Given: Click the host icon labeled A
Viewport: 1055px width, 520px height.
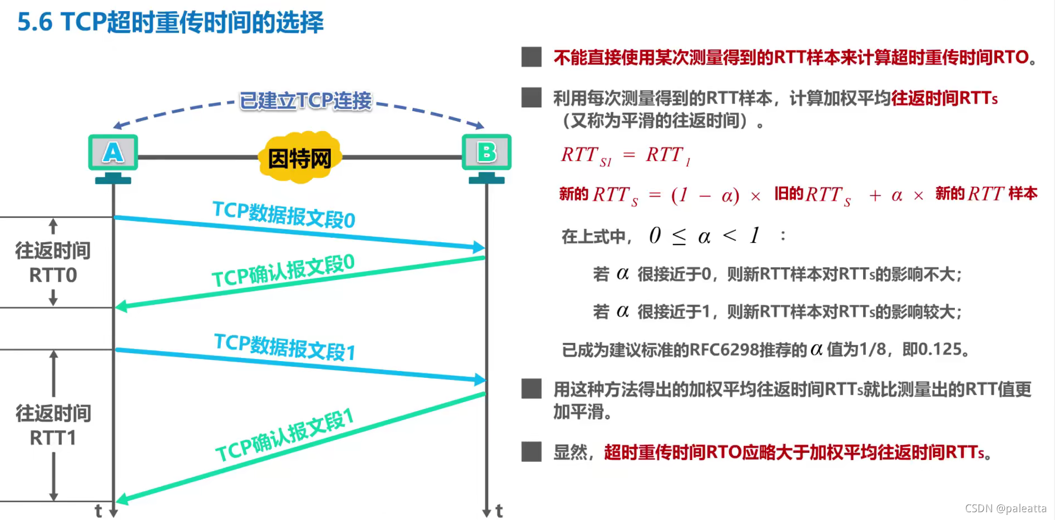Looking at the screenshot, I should pyautogui.click(x=113, y=153).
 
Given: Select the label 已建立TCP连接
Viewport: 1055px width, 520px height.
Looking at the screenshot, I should pyautogui.click(x=305, y=101).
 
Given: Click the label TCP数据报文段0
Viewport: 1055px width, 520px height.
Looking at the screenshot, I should pyautogui.click(x=284, y=215).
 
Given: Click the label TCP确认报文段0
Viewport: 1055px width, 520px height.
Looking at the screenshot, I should pyautogui.click(x=283, y=270).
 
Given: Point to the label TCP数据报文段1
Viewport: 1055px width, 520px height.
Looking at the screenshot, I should pyautogui.click(x=284, y=347).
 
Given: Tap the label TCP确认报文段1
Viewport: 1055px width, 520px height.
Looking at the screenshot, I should pyautogui.click(x=285, y=435).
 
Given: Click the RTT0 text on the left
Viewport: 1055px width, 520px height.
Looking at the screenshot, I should pyautogui.click(x=53, y=275).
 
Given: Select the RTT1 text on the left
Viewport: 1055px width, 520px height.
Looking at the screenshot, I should pyautogui.click(x=53, y=438).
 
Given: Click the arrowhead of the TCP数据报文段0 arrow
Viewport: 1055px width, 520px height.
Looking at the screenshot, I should pyautogui.click(x=479, y=247).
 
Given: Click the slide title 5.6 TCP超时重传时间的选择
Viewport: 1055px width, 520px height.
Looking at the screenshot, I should pyautogui.click(x=170, y=22).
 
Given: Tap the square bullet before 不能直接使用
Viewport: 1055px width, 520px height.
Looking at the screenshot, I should pyautogui.click(x=531, y=57).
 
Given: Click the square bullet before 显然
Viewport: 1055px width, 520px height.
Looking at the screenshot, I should pyautogui.click(x=531, y=452).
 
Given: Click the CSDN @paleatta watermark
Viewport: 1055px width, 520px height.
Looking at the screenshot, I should pyautogui.click(x=1006, y=508).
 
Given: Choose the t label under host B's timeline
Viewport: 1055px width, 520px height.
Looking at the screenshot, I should pyautogui.click(x=499, y=511).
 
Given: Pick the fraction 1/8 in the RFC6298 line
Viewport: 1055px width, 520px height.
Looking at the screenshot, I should pyautogui.click(x=873, y=349).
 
